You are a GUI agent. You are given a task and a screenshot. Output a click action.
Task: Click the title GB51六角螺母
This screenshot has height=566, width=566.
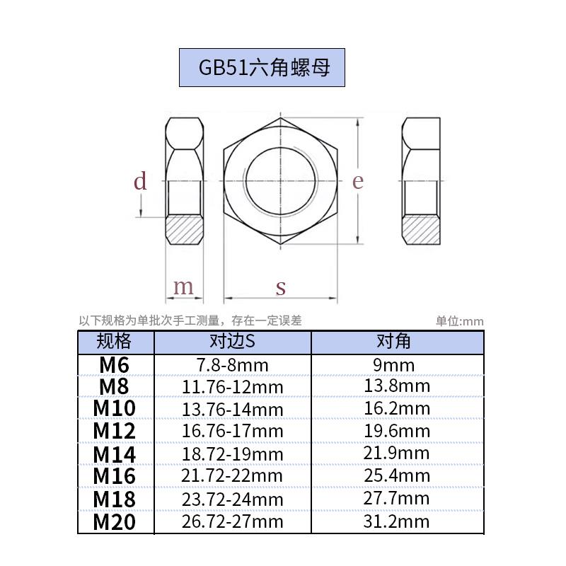pyautogui.click(x=262, y=67)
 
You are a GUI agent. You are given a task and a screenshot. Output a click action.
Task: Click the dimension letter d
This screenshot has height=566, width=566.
pyautogui.click(x=140, y=182)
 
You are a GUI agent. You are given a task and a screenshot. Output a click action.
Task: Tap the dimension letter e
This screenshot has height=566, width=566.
pyautogui.click(x=358, y=181)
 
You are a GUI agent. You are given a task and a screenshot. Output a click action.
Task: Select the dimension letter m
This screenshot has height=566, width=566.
pyautogui.click(x=183, y=287)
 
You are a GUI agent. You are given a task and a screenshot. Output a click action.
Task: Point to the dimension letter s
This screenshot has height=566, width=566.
pyautogui.click(x=281, y=288)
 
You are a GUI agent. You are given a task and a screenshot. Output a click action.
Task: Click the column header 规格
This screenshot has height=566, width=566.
pyautogui.click(x=115, y=342)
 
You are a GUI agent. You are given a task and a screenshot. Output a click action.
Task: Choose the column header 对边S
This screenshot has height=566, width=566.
pyautogui.click(x=232, y=342)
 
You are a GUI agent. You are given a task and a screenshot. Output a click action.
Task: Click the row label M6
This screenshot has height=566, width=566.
pyautogui.click(x=114, y=365)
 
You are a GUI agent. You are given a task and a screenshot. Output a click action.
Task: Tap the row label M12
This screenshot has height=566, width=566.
pyautogui.click(x=114, y=430)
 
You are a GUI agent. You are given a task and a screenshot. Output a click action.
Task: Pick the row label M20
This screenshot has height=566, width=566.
pyautogui.click(x=114, y=523)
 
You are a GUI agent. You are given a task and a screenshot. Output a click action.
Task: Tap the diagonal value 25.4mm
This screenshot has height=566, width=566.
pyautogui.click(x=397, y=475)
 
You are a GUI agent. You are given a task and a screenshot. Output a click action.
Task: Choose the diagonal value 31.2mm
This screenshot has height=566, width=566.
pyautogui.click(x=397, y=522)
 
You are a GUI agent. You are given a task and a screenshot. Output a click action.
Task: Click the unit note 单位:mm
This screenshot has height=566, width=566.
pyautogui.click(x=459, y=321)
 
